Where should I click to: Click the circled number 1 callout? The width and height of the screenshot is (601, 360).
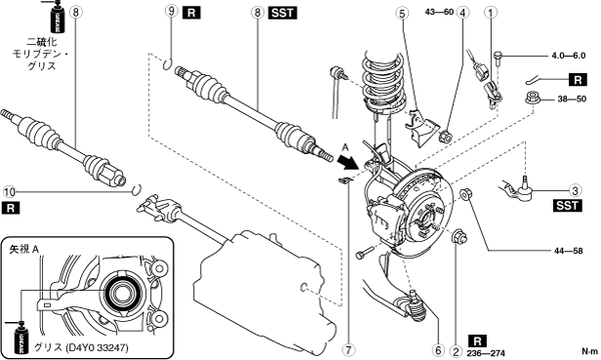click(490, 13)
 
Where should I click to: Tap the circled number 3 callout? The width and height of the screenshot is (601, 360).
click(575, 190)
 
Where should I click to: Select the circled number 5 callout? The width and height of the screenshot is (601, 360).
click(402, 14)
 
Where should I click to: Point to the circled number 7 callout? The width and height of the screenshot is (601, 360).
click(348, 349)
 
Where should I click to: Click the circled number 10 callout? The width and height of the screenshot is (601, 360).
click(9, 191)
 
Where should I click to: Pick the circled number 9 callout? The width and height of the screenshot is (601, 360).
click(172, 11)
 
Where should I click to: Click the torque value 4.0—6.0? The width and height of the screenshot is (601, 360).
click(569, 56)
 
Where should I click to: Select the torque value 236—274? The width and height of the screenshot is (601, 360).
click(486, 353)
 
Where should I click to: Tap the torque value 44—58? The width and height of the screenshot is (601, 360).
click(568, 251)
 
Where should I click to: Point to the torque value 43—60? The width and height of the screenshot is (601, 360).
click(439, 12)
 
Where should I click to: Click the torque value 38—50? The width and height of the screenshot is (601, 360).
click(572, 99)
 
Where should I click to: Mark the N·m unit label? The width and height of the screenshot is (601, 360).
click(589, 351)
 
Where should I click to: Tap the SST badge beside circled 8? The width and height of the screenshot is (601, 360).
click(283, 13)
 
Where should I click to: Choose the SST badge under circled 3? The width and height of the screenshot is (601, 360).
click(567, 206)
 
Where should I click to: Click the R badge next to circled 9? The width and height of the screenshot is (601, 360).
click(191, 13)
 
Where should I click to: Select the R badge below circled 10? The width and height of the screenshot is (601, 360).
click(11, 208)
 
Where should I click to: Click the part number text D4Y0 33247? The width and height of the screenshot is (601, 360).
click(97, 347)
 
